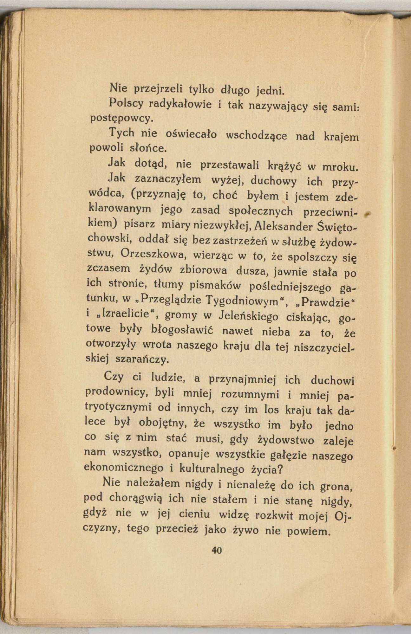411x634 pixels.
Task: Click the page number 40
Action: pos(217,550)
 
